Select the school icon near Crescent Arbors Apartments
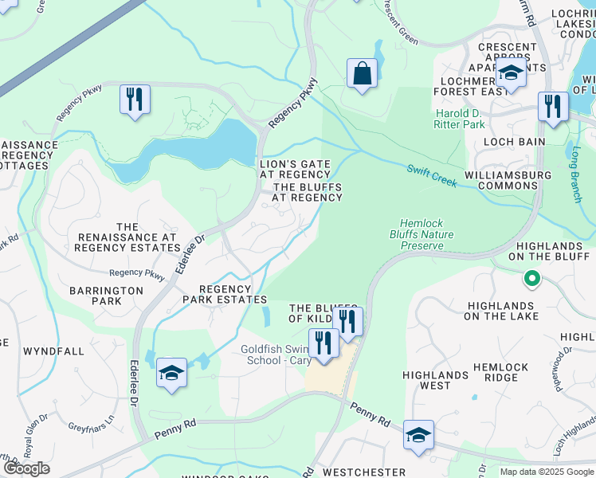pos(510,73)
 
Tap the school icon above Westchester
pos(418,435)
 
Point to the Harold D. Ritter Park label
pos(459,119)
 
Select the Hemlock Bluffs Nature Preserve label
pos(422,235)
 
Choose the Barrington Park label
pos(106,296)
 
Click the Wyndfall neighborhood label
pos(54,351)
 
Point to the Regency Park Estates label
pos(225,294)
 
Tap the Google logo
pos(26,468)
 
